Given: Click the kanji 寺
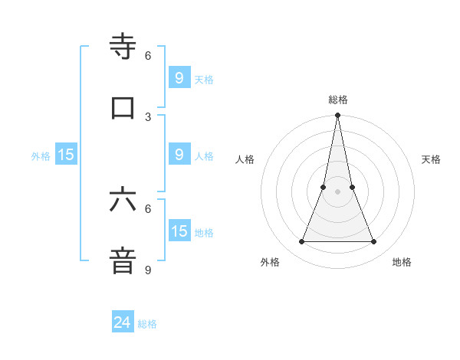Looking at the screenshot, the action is [x=123, y=47].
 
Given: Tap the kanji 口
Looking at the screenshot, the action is [x=123, y=107].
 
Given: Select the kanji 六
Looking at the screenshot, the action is [x=123, y=200].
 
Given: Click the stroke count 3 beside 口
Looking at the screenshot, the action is [x=148, y=116].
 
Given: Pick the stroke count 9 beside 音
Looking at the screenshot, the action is [x=148, y=270].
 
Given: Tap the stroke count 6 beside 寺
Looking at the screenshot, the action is [x=148, y=56].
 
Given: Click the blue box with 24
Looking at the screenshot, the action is [x=123, y=323].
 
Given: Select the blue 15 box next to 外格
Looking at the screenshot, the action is [x=66, y=155].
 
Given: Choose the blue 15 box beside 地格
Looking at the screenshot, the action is [x=179, y=231].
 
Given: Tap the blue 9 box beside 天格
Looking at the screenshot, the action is [x=179, y=78].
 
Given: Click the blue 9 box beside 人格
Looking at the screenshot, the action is [x=179, y=155].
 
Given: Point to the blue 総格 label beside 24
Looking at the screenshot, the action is [x=147, y=324].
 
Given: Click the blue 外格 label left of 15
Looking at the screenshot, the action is [x=41, y=155].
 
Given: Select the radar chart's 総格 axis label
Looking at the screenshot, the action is [x=338, y=100].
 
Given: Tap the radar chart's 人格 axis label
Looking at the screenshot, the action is [x=245, y=159].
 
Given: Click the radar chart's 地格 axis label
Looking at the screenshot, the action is [x=402, y=262].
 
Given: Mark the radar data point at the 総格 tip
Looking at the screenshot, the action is [x=338, y=116].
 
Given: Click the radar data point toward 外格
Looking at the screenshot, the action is [x=301, y=242].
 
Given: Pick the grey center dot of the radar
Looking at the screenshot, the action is [x=338, y=191].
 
